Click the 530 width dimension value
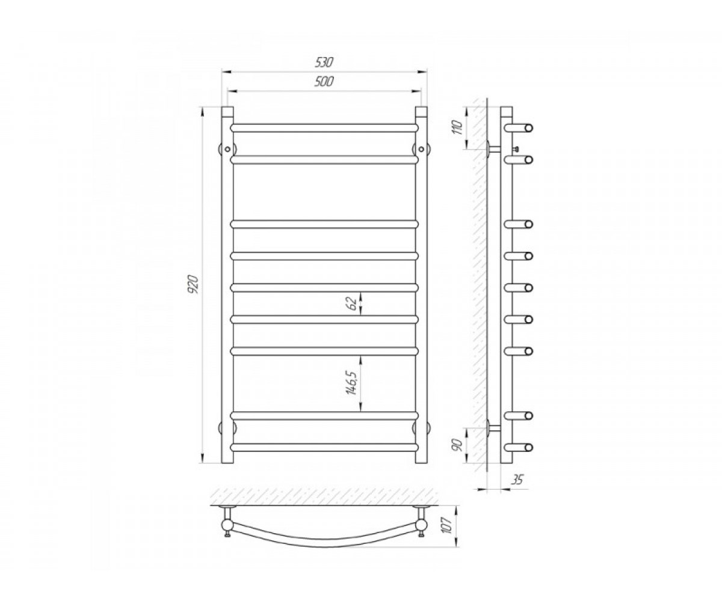click(324, 63)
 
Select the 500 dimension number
click(324, 82)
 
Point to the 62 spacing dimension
click(351, 304)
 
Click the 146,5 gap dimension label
click(352, 383)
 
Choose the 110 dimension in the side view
click(458, 127)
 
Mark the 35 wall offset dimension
click(517, 480)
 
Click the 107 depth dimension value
click(448, 526)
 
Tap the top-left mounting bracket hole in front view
click(227, 149)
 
